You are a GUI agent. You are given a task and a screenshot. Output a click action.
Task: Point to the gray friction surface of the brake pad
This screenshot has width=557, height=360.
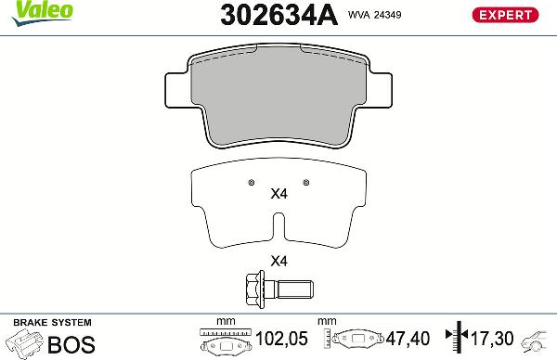[x=278, y=97]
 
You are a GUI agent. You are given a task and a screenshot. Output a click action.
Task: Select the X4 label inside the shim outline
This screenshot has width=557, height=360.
[x=278, y=195]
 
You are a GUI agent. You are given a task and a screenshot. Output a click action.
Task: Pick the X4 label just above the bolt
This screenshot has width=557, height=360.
[x=278, y=261]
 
